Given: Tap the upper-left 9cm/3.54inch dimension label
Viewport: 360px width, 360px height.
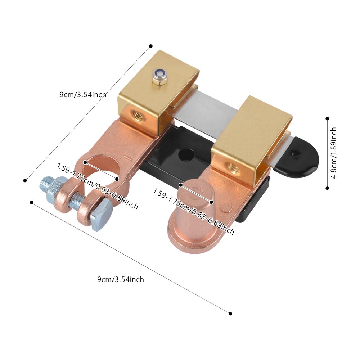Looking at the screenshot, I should pos(83,95).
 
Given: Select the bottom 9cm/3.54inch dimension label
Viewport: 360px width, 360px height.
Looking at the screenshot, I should pos(121,279).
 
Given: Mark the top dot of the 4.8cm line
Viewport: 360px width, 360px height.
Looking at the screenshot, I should pos(327,118).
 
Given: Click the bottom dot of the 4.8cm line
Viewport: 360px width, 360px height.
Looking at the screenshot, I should pos(327,188).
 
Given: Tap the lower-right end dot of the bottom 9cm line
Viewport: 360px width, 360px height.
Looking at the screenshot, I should pos(230,314).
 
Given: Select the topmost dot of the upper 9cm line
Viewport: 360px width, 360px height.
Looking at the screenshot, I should pos(150,46).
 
